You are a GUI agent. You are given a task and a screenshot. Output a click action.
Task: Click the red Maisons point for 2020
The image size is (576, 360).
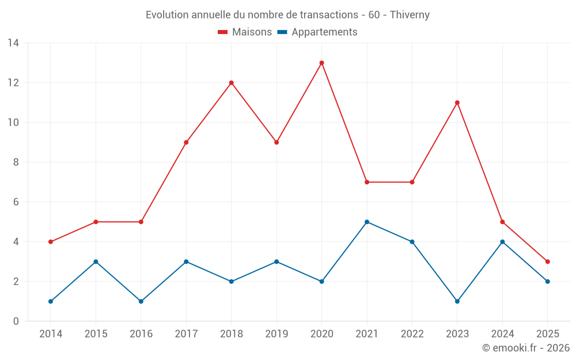click(321, 63)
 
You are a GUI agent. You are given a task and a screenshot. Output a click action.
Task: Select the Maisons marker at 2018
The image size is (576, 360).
click(232, 83)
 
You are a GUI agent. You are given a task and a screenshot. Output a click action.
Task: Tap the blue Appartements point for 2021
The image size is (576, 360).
click(367, 222)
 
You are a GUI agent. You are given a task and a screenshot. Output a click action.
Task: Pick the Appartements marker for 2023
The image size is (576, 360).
click(457, 301)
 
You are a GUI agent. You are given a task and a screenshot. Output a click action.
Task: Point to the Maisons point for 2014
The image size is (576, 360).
click(51, 242)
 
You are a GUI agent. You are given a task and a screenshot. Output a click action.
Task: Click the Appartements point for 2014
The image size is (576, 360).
click(51, 301)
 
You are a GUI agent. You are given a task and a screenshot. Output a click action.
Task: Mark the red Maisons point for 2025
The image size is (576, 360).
click(548, 262)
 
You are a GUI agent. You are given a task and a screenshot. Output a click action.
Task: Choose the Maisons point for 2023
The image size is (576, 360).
click(457, 103)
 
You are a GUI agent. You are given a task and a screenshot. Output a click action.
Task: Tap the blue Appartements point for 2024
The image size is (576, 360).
click(502, 242)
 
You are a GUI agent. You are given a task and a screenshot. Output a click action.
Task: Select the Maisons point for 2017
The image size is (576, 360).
click(186, 142)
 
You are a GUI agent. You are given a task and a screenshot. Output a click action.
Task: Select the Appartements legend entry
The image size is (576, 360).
click(317, 32)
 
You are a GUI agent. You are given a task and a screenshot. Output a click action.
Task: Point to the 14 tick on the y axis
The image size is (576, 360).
click(13, 43)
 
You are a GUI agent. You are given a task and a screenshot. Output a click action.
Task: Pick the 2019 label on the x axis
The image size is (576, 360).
click(276, 334)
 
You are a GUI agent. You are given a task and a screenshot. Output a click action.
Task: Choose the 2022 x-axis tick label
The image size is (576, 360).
click(412, 334)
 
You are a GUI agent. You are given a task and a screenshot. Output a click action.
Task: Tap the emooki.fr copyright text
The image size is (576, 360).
click(526, 348)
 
